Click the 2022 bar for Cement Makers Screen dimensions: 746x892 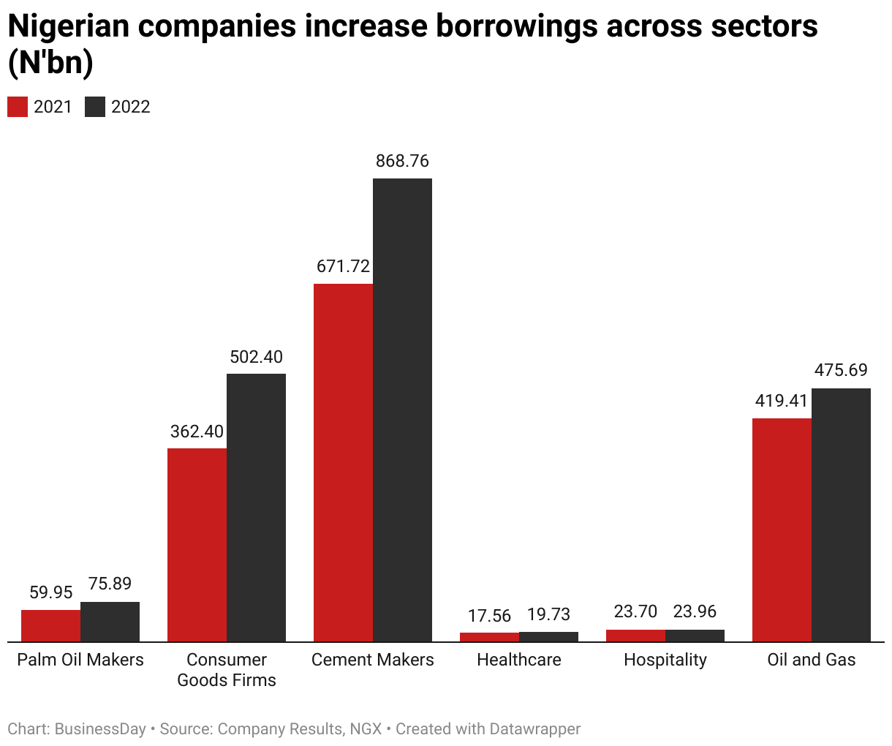pos(402,410)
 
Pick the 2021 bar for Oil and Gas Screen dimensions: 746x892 pos(782,530)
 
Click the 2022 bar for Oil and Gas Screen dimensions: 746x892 pos(841,515)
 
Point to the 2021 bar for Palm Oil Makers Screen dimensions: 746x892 pos(50,625)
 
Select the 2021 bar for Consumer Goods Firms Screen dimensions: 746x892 pos(197,545)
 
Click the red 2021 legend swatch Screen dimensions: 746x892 pos(18,107)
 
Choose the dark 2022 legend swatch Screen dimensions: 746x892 pos(95,107)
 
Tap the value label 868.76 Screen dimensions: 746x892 pos(402,161)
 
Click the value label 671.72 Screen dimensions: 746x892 pos(343,266)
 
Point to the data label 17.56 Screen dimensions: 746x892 pos(489,616)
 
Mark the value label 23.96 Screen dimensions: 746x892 pos(695,611)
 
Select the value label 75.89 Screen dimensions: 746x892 pos(110,584)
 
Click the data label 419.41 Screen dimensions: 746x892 pos(782,401)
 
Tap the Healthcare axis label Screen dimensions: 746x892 pos(518,660)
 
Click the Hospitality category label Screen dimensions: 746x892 pos(665,660)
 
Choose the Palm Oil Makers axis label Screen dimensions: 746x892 pos(80,660)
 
